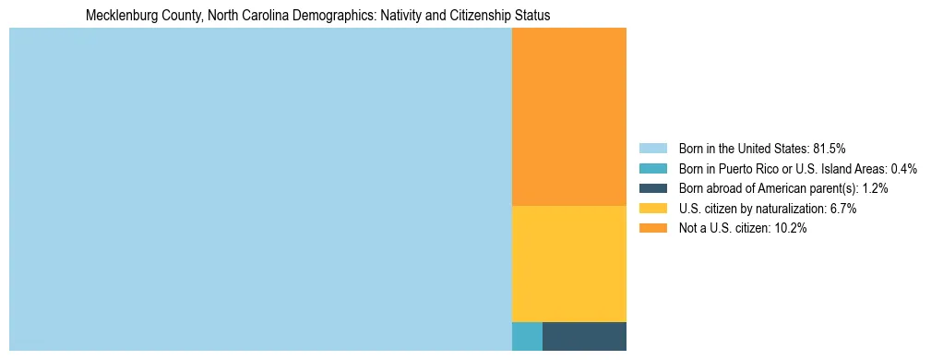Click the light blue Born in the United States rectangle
[x=260, y=189]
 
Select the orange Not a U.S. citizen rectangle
[x=568, y=116]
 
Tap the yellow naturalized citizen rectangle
[x=568, y=263]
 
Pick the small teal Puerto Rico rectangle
[x=527, y=336]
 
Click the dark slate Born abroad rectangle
[x=584, y=336]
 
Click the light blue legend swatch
[x=652, y=148]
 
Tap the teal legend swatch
[x=652, y=168]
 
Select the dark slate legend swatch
[x=652, y=188]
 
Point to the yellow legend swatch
[x=652, y=209]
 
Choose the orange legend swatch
[x=652, y=229]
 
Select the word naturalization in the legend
[x=791, y=209]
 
